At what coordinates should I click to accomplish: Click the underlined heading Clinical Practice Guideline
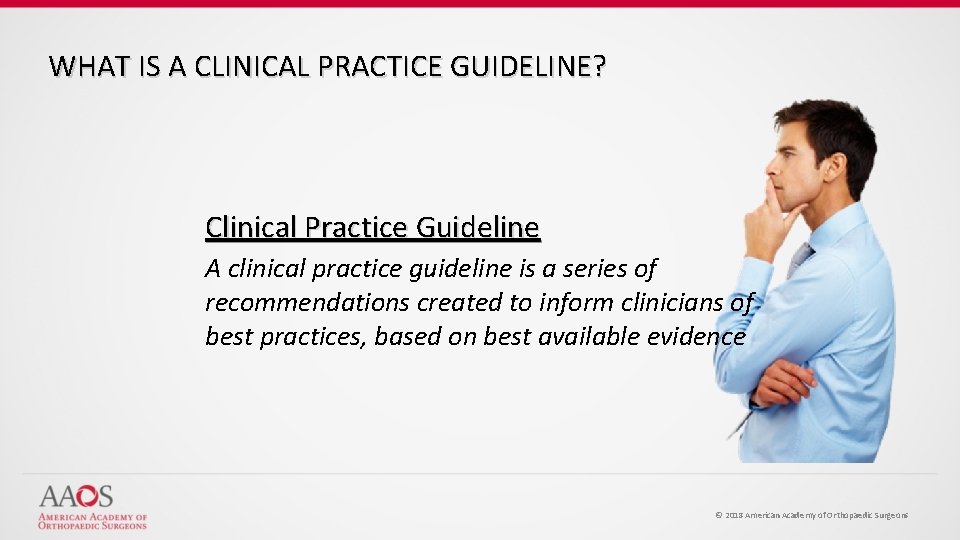(x=372, y=228)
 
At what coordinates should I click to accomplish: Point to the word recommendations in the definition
(x=305, y=302)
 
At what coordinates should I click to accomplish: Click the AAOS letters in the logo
(x=76, y=497)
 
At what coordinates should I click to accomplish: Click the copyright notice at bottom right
(x=811, y=515)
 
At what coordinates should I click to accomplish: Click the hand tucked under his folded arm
(x=785, y=384)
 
